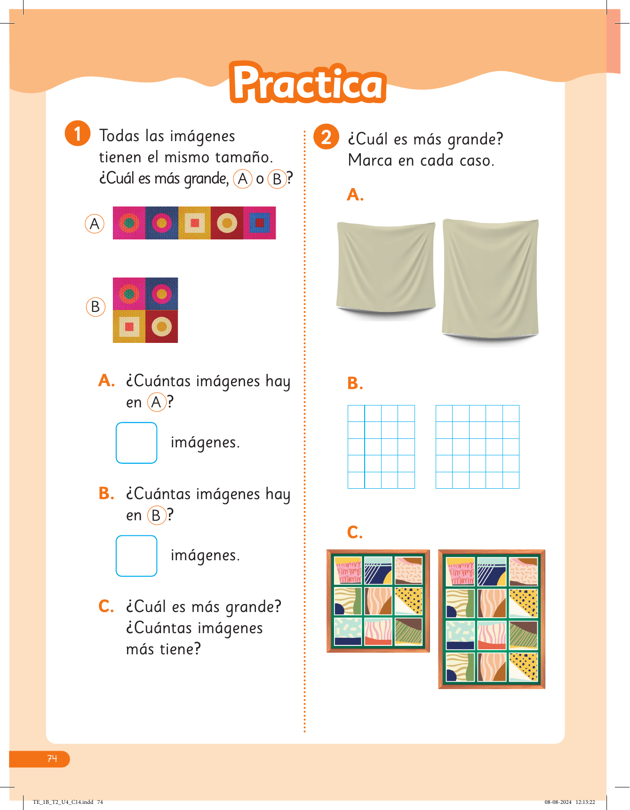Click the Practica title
pos(308,82)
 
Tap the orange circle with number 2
pos(326,137)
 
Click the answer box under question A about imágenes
pos(136,443)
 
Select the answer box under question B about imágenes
pos(136,556)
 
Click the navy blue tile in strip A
pos(162,223)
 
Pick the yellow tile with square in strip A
pos(194,223)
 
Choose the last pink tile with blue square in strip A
pos(260,223)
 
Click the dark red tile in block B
pos(162,326)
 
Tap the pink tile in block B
pos(129,294)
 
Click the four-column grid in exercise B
pos(381,447)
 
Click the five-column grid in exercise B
pos(478,447)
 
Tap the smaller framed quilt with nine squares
pos(378,601)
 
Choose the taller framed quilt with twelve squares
pos(492,619)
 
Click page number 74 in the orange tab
pos(52,758)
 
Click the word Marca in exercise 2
pos(370,160)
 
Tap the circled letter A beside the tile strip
pos(95,224)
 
